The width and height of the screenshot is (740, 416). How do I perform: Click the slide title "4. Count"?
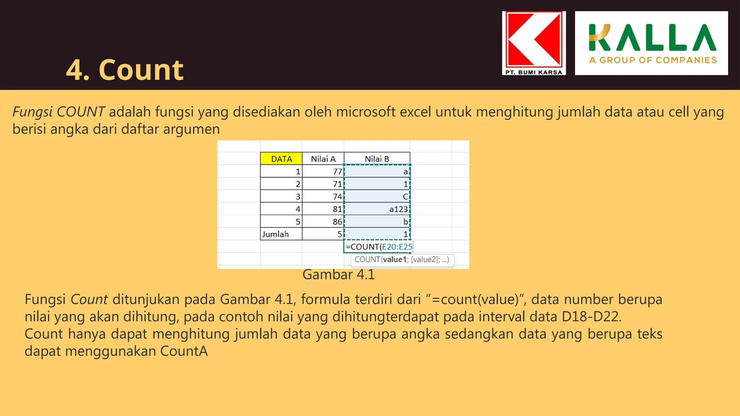click(x=125, y=70)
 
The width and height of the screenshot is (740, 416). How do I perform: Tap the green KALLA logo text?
click(x=652, y=38)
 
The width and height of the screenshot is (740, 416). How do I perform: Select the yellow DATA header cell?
click(x=281, y=159)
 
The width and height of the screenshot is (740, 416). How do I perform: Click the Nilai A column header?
click(x=323, y=159)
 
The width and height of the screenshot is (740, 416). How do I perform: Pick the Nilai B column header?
click(x=377, y=159)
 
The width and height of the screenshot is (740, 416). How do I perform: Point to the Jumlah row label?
click(x=275, y=234)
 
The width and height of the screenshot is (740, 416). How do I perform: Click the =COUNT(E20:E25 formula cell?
click(x=378, y=247)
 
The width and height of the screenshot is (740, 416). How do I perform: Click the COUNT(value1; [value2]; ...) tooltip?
click(x=402, y=260)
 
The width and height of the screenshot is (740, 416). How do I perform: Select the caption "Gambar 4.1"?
click(x=339, y=275)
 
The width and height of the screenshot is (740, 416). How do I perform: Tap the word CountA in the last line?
click(x=184, y=351)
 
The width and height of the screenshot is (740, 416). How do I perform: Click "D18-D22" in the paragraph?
click(x=591, y=317)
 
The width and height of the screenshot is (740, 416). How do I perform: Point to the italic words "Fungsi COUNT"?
click(x=59, y=112)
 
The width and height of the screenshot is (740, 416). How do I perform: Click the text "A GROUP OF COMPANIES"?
click(x=653, y=60)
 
